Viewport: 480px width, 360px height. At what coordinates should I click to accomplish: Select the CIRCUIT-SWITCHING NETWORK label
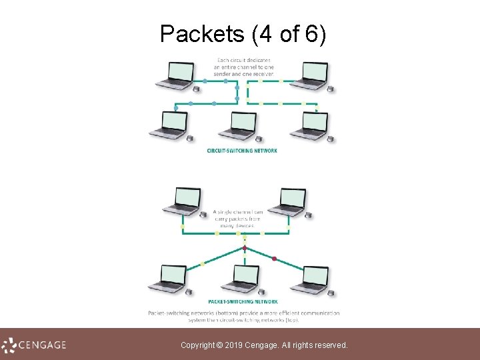tap(242, 151)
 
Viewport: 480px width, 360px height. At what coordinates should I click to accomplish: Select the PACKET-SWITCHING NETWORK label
tap(242, 301)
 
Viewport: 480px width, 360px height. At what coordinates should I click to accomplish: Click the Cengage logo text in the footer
tap(41, 345)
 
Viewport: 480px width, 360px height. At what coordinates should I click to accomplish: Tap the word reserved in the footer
tap(329, 345)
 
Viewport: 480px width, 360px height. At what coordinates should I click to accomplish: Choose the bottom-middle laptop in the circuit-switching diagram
tap(241, 125)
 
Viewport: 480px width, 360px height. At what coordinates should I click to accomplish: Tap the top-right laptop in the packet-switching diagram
tap(291, 201)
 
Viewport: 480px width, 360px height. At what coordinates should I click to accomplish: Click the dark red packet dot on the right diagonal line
tap(274, 258)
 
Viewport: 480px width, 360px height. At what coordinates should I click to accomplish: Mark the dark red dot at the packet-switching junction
tap(245, 248)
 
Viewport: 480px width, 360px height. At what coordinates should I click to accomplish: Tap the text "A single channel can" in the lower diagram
tap(239, 212)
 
